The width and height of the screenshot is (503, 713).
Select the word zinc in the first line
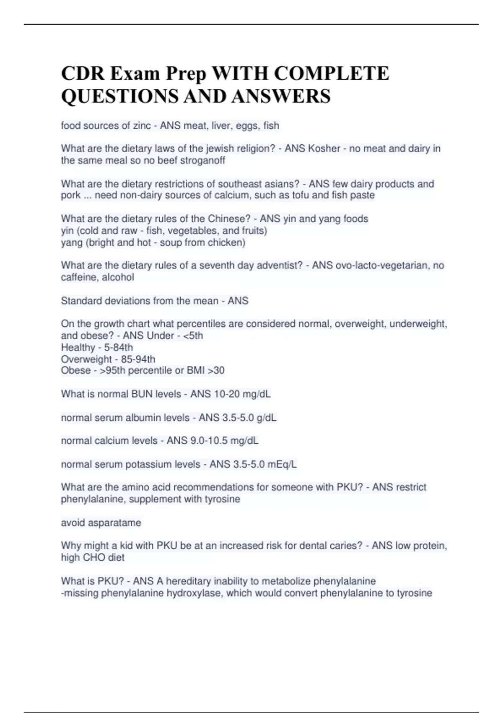point(142,125)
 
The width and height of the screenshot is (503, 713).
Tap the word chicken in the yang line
point(226,242)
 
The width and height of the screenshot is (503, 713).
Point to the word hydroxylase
point(194,593)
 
